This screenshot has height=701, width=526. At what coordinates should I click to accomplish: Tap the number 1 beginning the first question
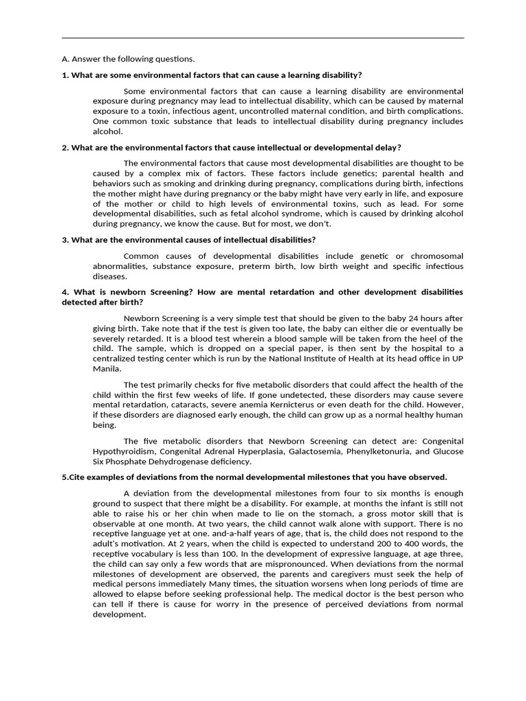coord(64,75)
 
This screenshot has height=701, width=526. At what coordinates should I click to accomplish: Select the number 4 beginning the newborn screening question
coord(64,292)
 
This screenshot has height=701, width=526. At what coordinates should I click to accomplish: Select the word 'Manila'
coord(106,368)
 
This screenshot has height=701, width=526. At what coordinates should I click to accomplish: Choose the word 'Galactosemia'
coord(296,451)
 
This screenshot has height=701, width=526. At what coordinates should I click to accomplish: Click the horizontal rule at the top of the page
coord(263,38)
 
